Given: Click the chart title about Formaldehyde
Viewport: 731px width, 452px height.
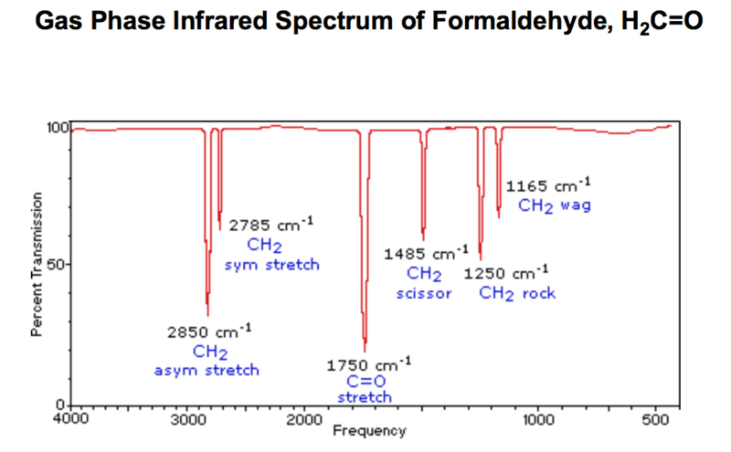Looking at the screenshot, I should point(365,20).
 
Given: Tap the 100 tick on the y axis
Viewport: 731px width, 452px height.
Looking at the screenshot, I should point(58,127).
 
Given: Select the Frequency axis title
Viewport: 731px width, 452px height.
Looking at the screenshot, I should point(368,430).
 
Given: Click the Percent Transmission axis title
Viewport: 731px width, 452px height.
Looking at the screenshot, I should point(37,266).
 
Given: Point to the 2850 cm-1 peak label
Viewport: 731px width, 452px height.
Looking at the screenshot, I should point(208,331).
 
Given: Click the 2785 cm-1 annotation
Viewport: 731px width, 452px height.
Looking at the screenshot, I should point(270,225).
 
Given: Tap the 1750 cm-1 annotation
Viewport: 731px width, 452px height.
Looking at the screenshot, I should point(368,364).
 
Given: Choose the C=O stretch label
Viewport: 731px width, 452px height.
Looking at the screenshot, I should point(365,389).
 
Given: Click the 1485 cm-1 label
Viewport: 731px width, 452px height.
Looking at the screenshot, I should point(425,253).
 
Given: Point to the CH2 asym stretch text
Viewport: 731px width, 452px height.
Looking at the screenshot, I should point(207,361).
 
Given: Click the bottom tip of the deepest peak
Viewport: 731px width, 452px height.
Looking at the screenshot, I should point(365,351).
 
